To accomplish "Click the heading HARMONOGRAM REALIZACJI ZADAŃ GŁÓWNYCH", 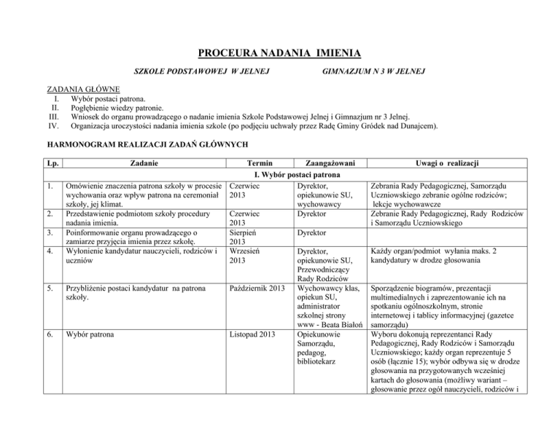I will coord(147,144).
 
